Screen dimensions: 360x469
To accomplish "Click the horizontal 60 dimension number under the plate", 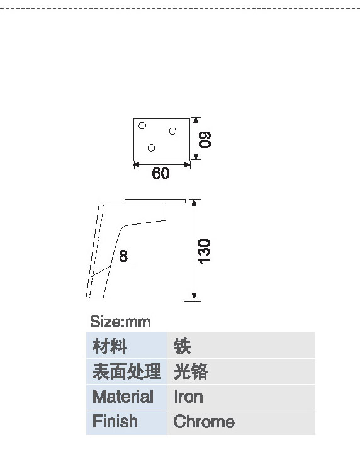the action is tap(160, 173).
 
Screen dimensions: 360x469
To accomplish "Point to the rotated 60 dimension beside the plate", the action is tap(205, 139).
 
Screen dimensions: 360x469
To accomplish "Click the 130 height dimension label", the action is tap(205, 251).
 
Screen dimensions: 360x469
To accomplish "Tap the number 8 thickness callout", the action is tap(123, 256).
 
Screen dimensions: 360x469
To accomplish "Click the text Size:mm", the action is tap(120, 322).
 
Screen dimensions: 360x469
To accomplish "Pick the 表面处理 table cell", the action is tap(127, 371).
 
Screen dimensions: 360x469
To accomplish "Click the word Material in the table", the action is tap(123, 397).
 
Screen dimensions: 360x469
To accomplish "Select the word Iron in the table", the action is tap(188, 397).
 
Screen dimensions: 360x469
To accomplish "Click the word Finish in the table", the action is tap(115, 421).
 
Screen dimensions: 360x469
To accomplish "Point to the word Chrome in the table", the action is tap(204, 421).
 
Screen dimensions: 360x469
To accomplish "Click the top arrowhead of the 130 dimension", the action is tap(194, 203).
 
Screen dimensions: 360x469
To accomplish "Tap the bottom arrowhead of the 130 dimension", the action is tap(194, 296).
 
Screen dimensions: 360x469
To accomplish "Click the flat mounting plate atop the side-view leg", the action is tap(155, 201).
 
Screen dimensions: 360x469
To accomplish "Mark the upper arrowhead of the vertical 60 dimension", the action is tap(196, 121).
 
